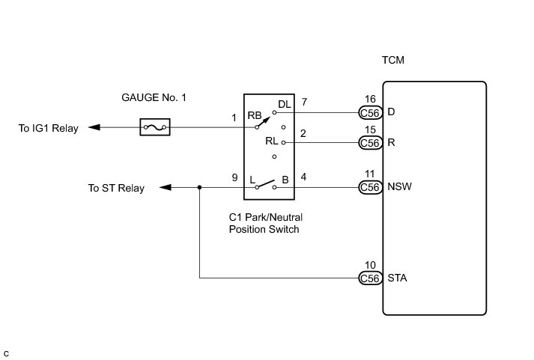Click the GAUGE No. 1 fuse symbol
155,127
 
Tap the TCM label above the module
393,60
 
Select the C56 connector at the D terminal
370,112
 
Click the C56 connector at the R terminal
370,142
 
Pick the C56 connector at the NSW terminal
370,187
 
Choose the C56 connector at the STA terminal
370,278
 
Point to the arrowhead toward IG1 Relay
94,127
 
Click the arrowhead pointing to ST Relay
166,187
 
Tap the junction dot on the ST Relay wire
199,188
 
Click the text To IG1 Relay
49,128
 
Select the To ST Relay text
116,188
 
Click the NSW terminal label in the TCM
399,186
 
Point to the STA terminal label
397,278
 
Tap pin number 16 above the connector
370,99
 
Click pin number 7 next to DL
304,102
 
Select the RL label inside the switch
272,141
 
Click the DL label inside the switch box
285,104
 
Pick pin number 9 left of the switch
234,177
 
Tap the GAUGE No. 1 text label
154,97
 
